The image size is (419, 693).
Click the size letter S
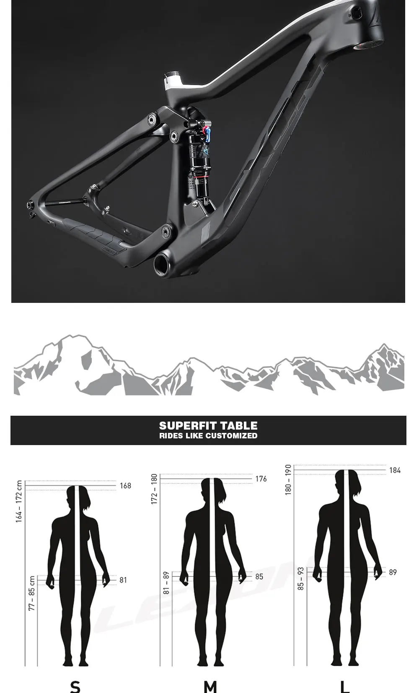[x=75, y=686]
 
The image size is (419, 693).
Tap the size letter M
[x=210, y=686]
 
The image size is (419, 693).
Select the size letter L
[x=344, y=686]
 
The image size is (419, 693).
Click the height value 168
[x=125, y=486]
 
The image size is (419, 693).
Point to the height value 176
[x=261, y=479]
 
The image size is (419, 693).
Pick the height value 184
[x=395, y=471]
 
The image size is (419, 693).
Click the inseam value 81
[x=123, y=580]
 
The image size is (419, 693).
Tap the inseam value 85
[x=259, y=577]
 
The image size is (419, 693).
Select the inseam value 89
[x=393, y=572]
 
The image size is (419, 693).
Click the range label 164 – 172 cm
[x=19, y=502]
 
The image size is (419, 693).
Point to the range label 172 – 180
[x=154, y=489]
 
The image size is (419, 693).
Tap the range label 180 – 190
[x=288, y=480]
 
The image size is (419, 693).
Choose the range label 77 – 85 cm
[x=32, y=593]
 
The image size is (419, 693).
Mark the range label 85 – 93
[x=300, y=579]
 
